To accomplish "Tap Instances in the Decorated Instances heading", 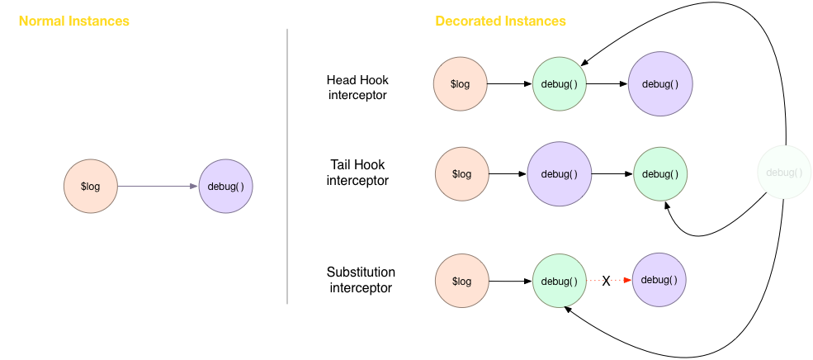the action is (535, 21).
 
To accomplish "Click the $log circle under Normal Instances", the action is (91, 187).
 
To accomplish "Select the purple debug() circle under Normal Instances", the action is (226, 187).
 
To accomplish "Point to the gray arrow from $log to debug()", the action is (157, 187).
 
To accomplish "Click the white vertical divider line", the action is (287, 165).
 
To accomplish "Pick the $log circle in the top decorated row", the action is (461, 84).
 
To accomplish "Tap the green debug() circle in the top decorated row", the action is (560, 84).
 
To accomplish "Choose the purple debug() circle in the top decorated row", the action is (660, 84).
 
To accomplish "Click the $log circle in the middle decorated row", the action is (462, 174).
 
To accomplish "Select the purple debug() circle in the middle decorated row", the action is (560, 174).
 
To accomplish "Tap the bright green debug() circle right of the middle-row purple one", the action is (660, 174).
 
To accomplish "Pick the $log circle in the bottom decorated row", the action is (462, 281).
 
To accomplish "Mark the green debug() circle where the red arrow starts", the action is (560, 281).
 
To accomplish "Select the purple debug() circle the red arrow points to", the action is (659, 280).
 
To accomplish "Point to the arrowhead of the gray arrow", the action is (194, 187).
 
